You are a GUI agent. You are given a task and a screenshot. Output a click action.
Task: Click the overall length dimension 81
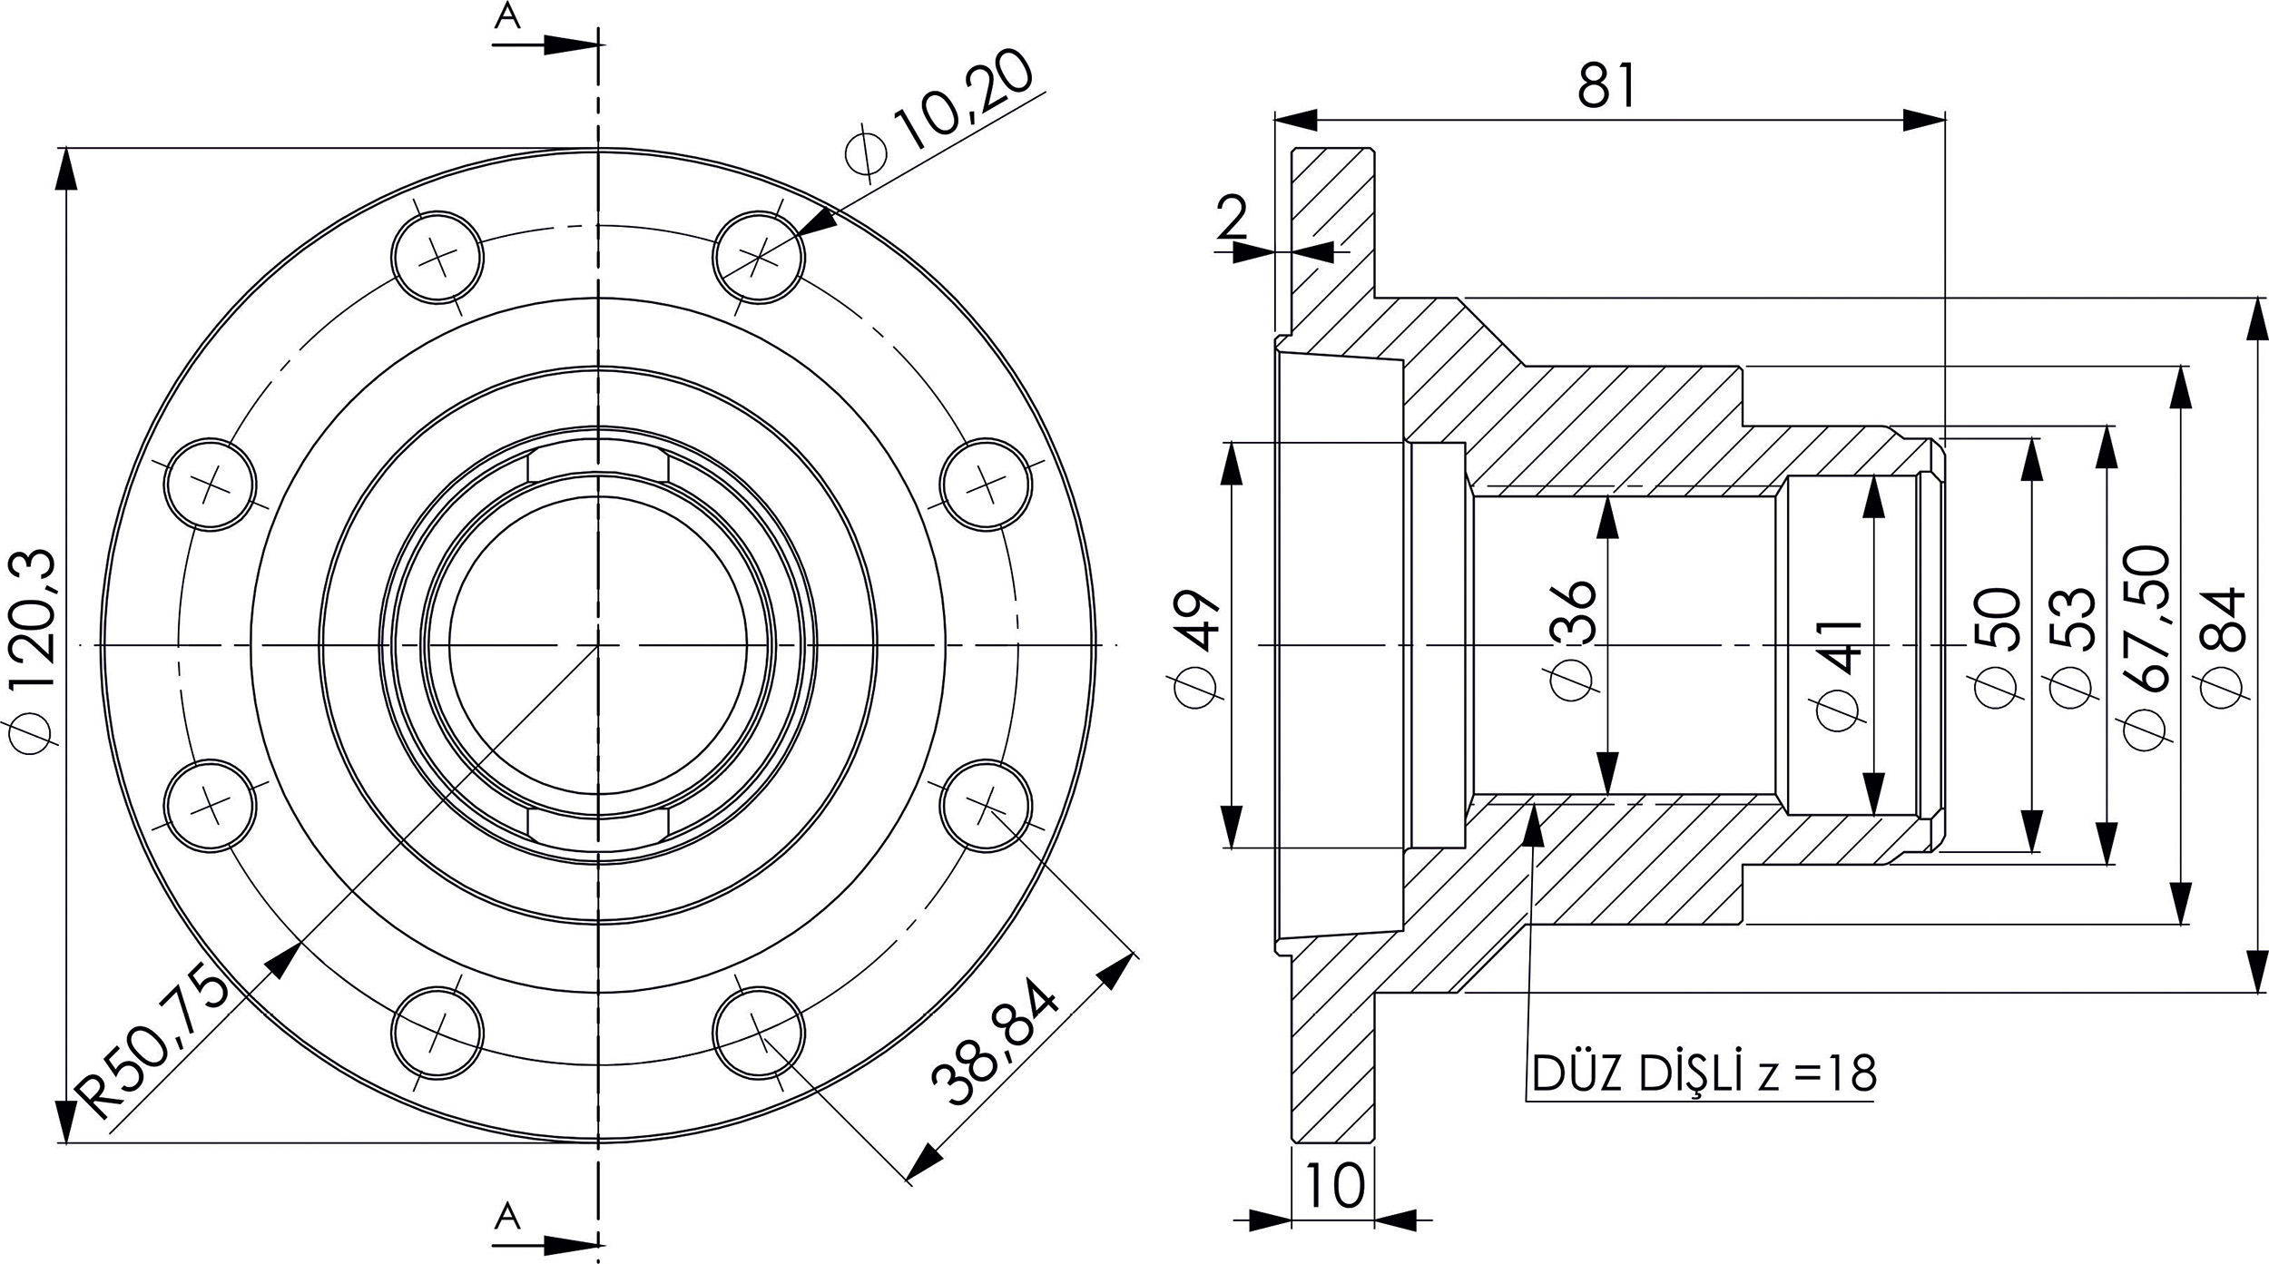(1606, 86)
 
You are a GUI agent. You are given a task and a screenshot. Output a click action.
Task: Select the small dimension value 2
(1232, 217)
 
